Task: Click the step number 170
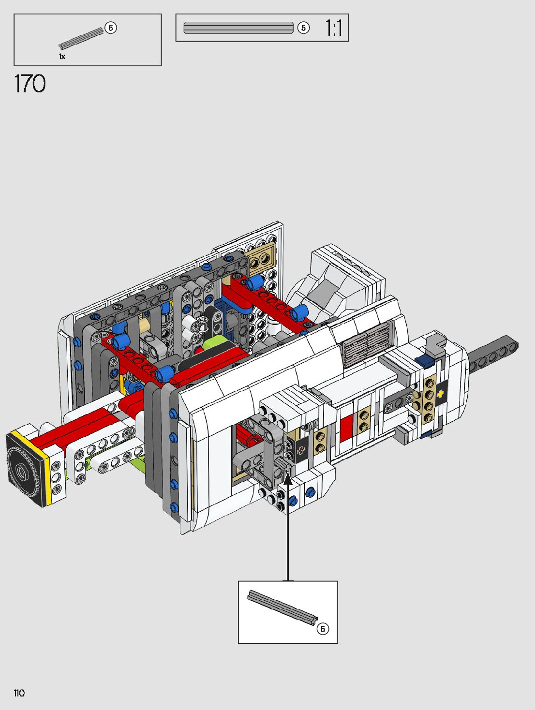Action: tap(30, 84)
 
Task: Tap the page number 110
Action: tap(19, 693)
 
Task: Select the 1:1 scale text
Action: tap(333, 28)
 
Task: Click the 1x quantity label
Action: tap(62, 57)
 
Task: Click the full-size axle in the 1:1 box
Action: tap(238, 28)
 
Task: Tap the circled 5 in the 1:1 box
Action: tap(303, 28)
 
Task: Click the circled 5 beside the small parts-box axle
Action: tap(111, 28)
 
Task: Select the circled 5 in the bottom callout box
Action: tap(323, 628)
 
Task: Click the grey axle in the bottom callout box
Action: tap(282, 608)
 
